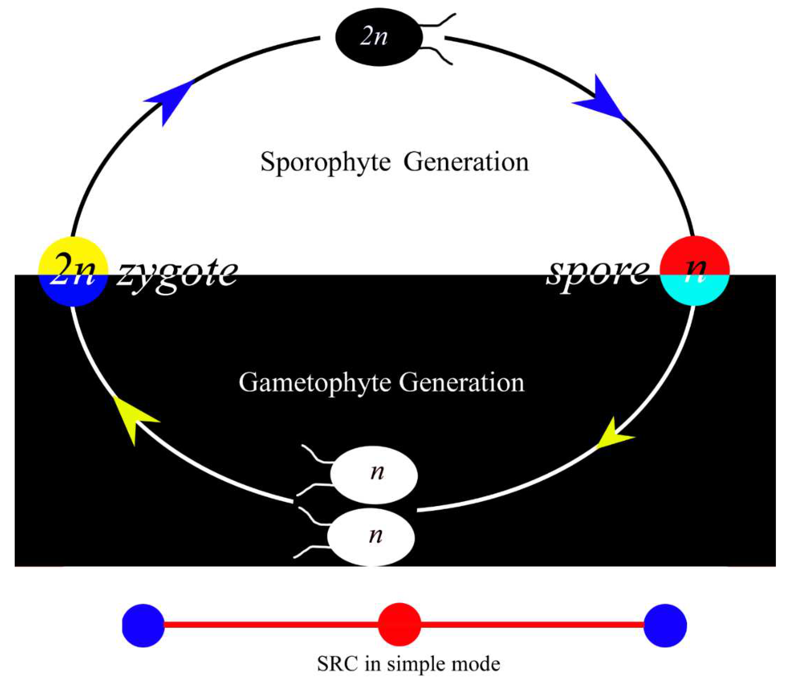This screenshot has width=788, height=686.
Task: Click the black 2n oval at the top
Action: (x=379, y=37)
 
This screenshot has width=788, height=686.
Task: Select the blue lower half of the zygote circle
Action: (x=73, y=293)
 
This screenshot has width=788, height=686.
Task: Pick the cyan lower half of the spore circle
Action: (x=695, y=293)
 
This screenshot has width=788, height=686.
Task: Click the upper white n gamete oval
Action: (x=374, y=475)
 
